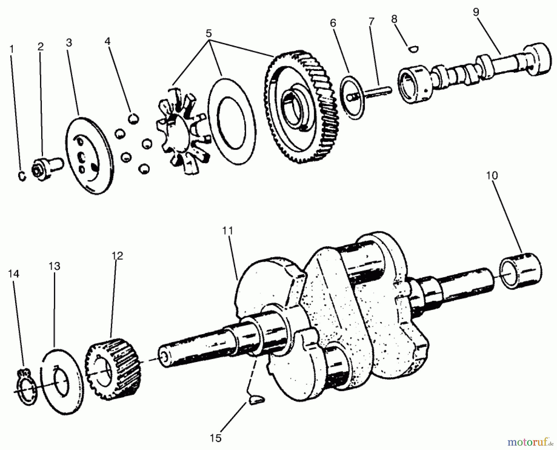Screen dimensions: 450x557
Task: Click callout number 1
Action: (12, 49)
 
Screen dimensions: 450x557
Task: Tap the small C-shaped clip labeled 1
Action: (22, 176)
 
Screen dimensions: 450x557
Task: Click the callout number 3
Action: (69, 43)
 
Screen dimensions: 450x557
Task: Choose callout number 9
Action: (476, 12)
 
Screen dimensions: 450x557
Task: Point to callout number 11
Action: (227, 231)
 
